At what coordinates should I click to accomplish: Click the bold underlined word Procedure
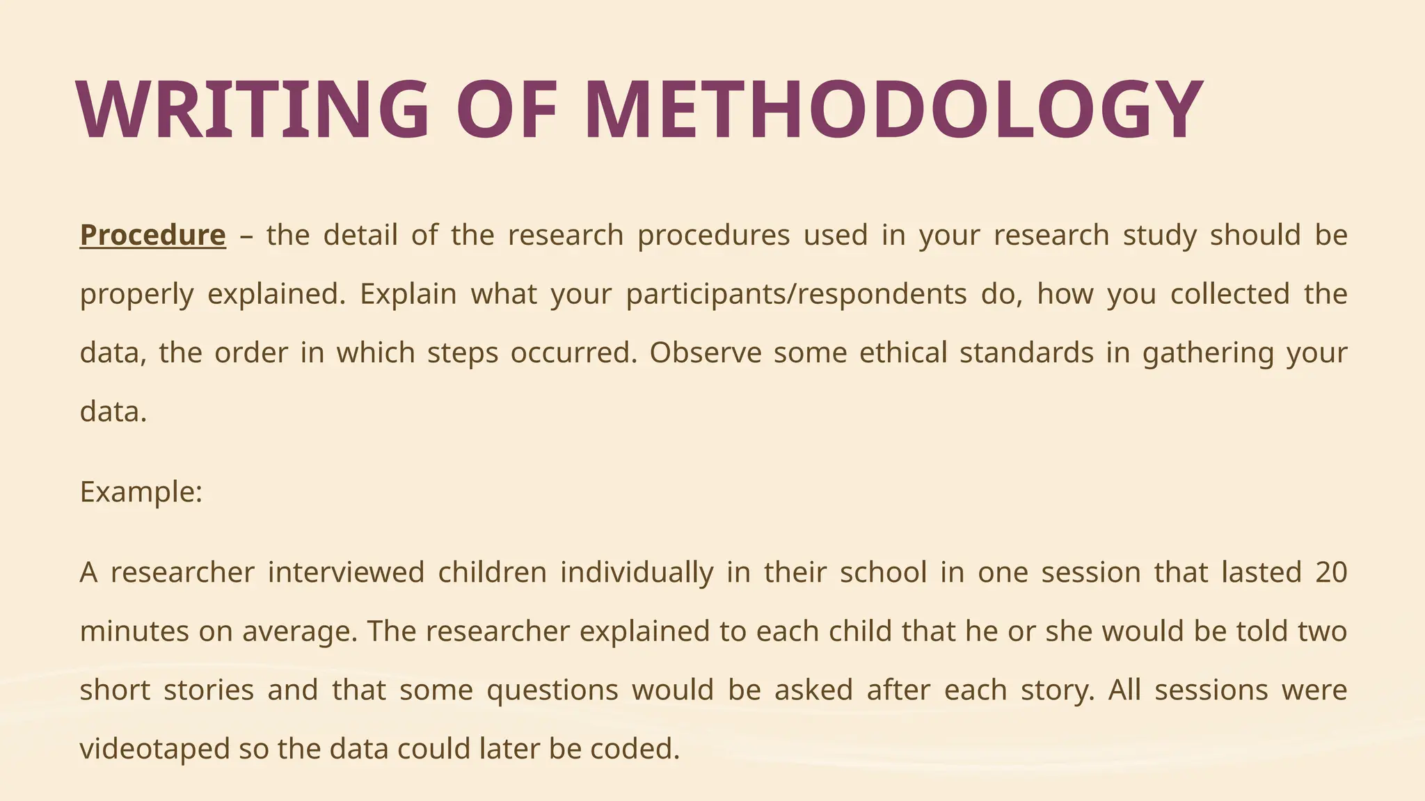click(153, 235)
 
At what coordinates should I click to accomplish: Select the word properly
click(136, 294)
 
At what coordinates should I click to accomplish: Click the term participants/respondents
click(796, 294)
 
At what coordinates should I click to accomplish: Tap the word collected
click(1230, 294)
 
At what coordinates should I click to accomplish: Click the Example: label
click(141, 492)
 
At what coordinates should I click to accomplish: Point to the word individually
click(637, 573)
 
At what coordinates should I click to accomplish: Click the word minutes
click(134, 632)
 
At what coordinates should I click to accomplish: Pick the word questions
click(552, 690)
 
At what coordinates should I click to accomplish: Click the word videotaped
click(154, 750)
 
